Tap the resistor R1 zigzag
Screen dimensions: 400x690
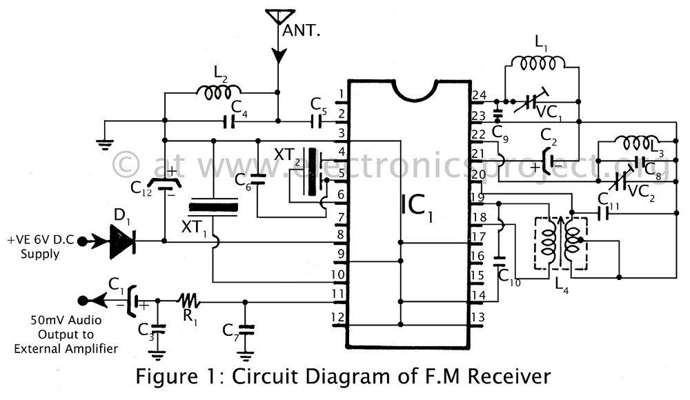pos(188,301)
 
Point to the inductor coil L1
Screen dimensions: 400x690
pos(542,63)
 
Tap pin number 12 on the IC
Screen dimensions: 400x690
pos(337,317)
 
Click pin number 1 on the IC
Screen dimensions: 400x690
pos(339,94)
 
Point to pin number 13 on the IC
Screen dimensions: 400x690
pos(477,317)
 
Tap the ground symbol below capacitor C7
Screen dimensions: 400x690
pos(245,355)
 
